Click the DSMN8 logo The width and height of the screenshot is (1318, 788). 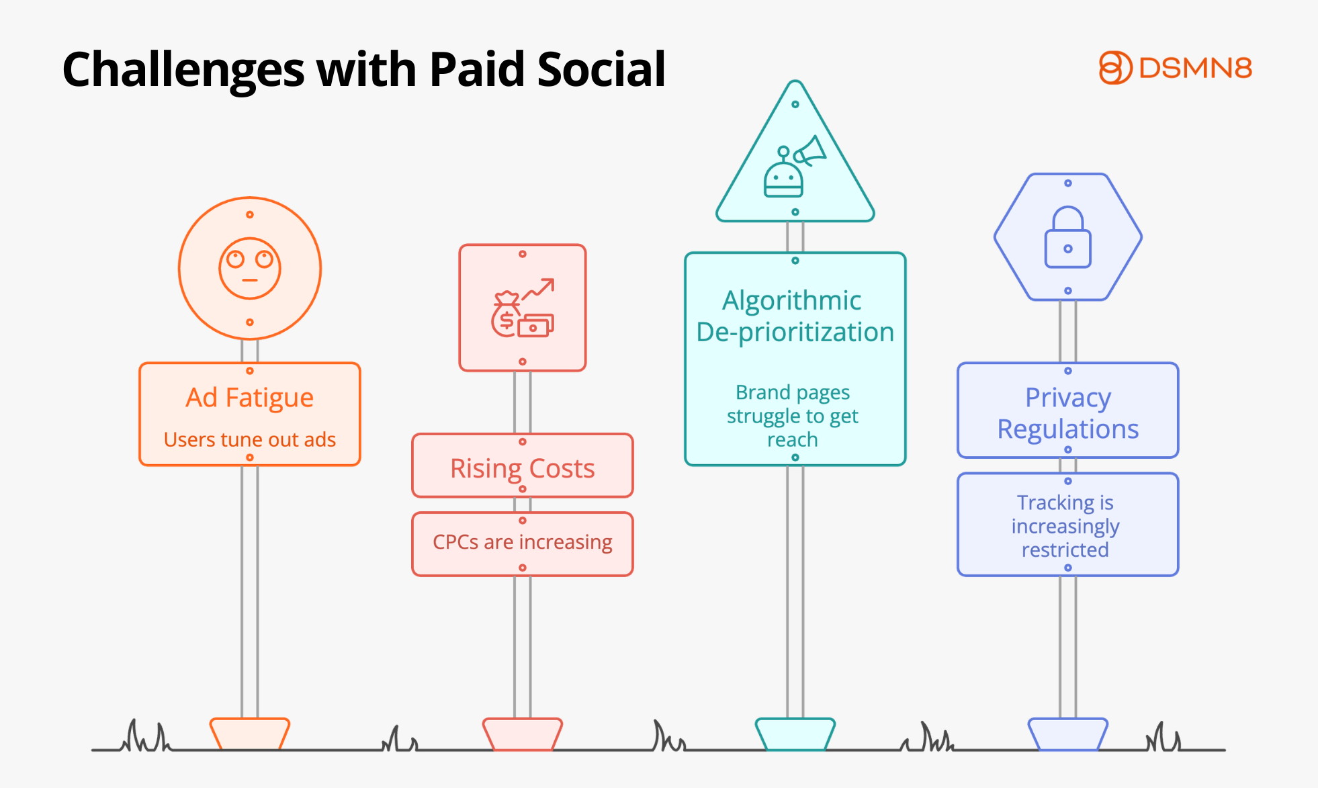pos(1176,68)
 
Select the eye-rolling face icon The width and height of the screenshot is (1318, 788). pos(250,269)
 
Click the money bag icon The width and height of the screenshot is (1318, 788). pos(506,314)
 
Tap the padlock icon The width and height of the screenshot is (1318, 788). pos(1067,236)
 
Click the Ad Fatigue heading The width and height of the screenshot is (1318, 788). pos(250,398)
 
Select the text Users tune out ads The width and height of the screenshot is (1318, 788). pos(250,439)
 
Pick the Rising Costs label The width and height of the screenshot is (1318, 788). pos(523,469)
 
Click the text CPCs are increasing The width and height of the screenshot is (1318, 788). pos(523,542)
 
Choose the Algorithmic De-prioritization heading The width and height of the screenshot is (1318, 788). pos(795,316)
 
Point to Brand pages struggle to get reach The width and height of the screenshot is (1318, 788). pos(793,416)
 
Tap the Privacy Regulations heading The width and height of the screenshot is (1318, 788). pos(1068,413)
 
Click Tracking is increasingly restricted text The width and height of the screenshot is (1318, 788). pos(1065,526)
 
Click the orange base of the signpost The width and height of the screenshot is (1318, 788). pos(250,734)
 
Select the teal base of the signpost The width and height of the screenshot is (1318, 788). pos(795,734)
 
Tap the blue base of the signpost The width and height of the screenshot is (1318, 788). pos(1068,734)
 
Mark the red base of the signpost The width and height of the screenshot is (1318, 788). pos(523,734)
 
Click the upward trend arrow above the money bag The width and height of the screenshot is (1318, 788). pos(539,289)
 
